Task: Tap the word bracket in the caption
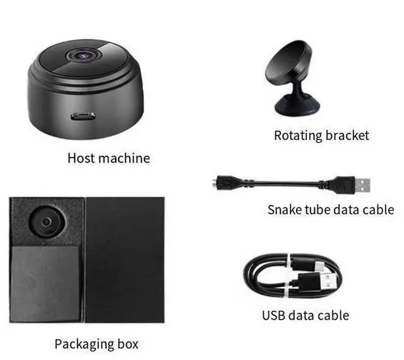coord(347,135)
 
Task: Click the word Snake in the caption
coord(285,209)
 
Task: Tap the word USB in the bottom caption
coord(275,315)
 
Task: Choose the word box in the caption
coord(129,344)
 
